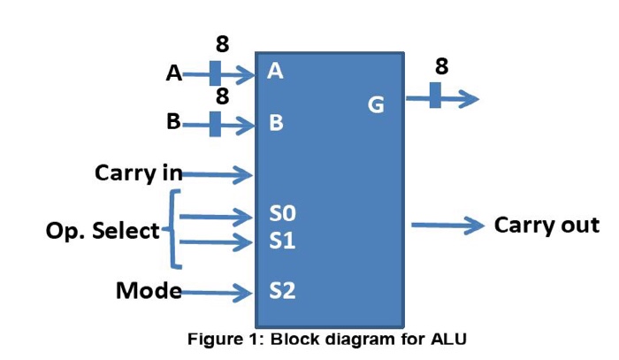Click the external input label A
point(174,74)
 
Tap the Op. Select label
point(103,232)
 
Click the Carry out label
point(546,225)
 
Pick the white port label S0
point(282,214)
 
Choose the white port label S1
point(282,240)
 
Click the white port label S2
point(282,290)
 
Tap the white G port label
point(376,106)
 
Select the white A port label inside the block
point(275,73)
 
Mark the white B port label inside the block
point(276,123)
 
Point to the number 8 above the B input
point(223,96)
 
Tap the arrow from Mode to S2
point(217,292)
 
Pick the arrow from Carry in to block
point(217,174)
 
